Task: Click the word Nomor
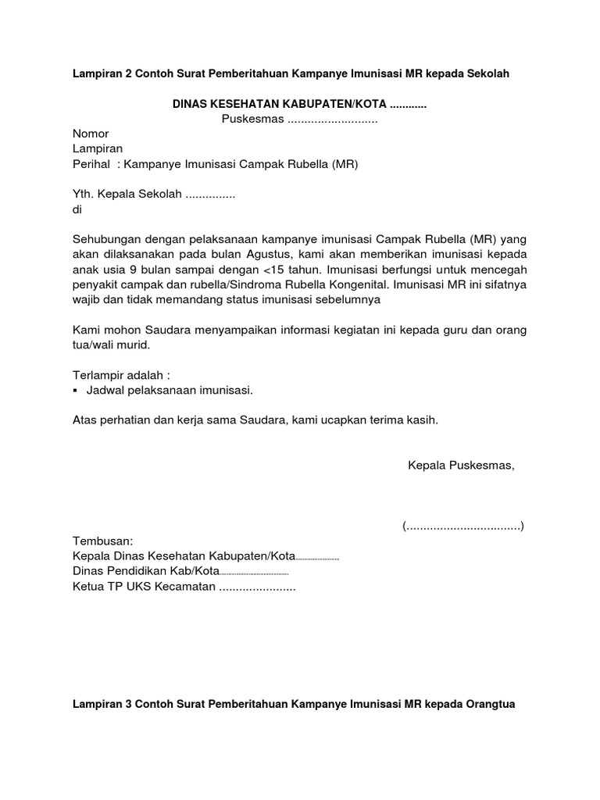[91, 134]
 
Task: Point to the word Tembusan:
[103, 541]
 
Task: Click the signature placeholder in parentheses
[463, 526]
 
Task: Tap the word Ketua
[87, 587]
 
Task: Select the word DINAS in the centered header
[191, 104]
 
